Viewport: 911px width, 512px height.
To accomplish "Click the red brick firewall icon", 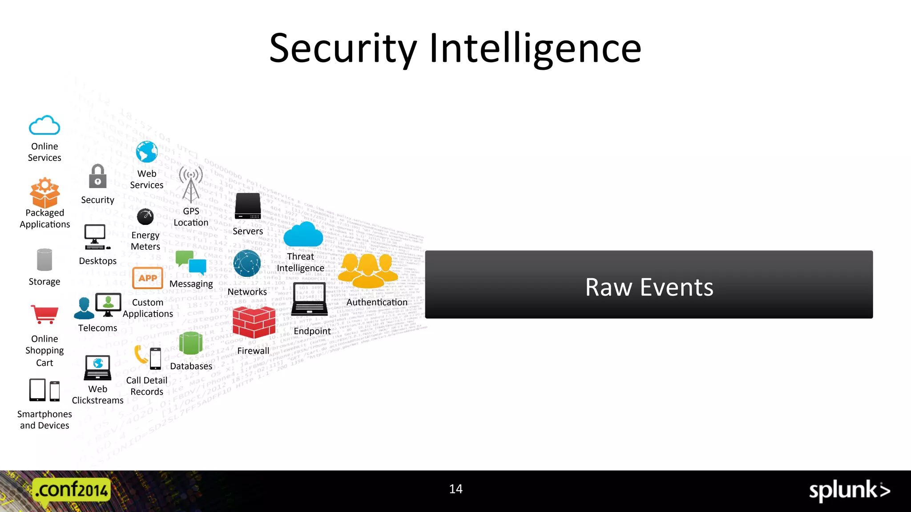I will pyautogui.click(x=254, y=322).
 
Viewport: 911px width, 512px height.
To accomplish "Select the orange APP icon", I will pyautogui.click(x=148, y=278).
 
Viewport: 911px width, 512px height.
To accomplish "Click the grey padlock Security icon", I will pyautogui.click(x=98, y=176).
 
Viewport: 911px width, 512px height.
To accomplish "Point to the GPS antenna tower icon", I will pyautogui.click(x=191, y=184).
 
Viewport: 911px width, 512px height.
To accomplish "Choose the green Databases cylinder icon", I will pyautogui.click(x=191, y=343).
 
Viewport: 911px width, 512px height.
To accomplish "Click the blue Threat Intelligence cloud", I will pyautogui.click(x=303, y=235).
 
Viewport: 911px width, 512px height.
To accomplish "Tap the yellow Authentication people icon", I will pyautogui.click(x=368, y=271).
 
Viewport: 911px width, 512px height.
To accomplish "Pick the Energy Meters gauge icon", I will pyautogui.click(x=145, y=217).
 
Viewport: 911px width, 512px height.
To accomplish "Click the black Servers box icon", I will pyautogui.click(x=248, y=206).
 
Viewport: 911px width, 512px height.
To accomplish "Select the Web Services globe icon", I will pyautogui.click(x=147, y=152).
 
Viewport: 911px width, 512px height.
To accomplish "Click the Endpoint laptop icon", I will pyautogui.click(x=310, y=299).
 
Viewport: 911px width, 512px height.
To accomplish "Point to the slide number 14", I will pyautogui.click(x=455, y=489).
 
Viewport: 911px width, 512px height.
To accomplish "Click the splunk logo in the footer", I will pyautogui.click(x=849, y=491).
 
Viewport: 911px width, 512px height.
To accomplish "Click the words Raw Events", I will pyautogui.click(x=649, y=287).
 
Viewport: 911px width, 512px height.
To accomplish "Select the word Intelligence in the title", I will pyautogui.click(x=535, y=48).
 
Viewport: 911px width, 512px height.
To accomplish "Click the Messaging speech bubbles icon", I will pyautogui.click(x=191, y=263).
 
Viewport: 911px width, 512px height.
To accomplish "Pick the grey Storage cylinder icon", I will pyautogui.click(x=44, y=260).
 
